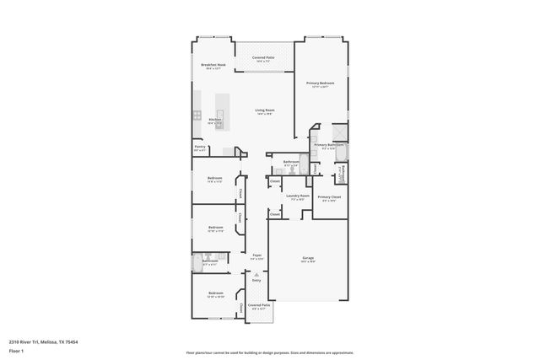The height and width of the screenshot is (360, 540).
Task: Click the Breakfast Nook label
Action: pos(213,65)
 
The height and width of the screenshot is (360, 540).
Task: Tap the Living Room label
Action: pos(265,110)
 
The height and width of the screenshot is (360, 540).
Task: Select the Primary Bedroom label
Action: pos(321,83)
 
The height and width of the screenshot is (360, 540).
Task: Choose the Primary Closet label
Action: pos(329,196)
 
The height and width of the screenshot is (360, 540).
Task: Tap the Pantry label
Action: pos(200,146)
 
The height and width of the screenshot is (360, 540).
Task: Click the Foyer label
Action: pos(257,255)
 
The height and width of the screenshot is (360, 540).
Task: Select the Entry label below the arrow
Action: pos(256,279)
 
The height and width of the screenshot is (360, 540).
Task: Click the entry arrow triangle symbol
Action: pos(256,273)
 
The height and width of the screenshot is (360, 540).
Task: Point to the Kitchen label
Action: pos(215,120)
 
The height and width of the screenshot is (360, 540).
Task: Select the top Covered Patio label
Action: pos(263,58)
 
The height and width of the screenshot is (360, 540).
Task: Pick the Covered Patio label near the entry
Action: pos(259,305)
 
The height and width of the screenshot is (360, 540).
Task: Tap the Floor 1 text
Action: pos(16,350)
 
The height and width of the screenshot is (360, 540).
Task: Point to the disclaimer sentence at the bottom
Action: pos(270,352)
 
